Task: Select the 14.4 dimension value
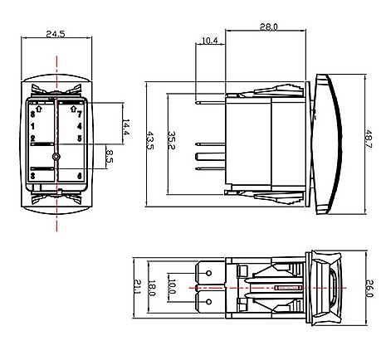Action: point(125,128)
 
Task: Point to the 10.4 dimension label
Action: point(210,40)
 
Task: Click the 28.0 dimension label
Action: point(268,28)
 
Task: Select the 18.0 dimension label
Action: point(153,287)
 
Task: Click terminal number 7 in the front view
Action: point(80,114)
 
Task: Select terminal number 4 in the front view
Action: point(80,126)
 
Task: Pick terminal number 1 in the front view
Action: point(32,126)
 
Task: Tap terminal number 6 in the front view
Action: point(80,176)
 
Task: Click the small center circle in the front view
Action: point(56,157)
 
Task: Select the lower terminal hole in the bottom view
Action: point(208,302)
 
